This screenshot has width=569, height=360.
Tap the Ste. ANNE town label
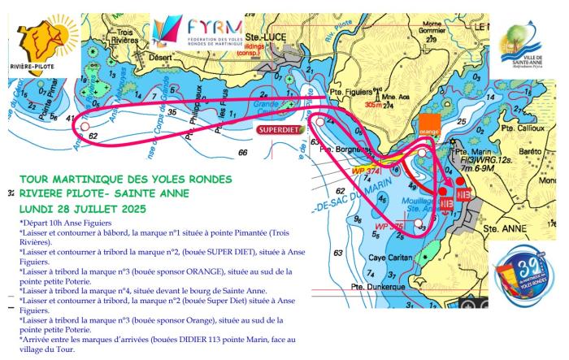coord(502,230)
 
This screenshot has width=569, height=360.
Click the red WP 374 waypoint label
coord(363,171)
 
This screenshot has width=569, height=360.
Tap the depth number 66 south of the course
coord(242,152)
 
